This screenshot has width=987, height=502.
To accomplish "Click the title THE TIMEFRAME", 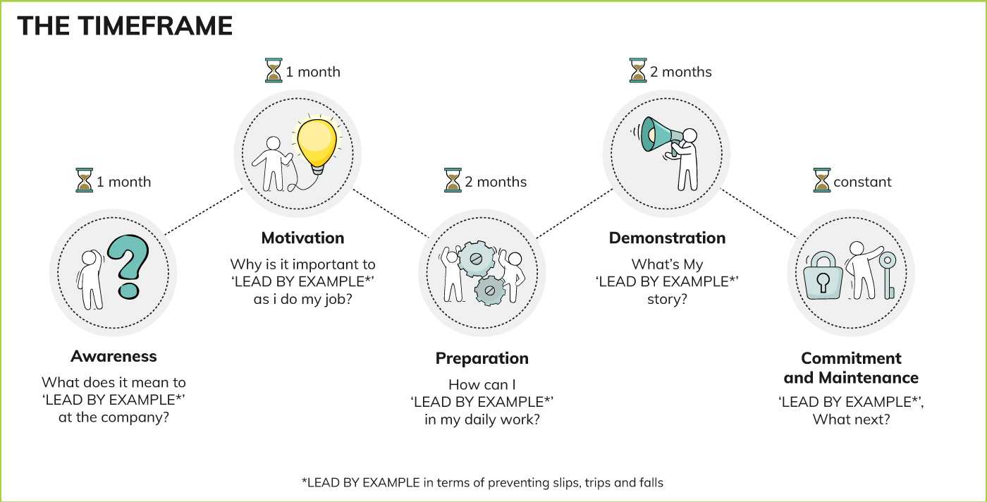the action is [x=125, y=25].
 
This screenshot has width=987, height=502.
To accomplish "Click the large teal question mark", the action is [x=128, y=267].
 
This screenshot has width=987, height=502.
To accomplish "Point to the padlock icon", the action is [x=823, y=276].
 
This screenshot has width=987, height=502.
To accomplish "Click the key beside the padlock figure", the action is [x=888, y=274].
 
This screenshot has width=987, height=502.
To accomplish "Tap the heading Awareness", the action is [x=114, y=356].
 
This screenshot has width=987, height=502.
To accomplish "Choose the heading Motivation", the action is [x=302, y=238].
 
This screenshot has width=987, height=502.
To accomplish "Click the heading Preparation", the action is [x=482, y=358].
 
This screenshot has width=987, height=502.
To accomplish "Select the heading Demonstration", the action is [x=667, y=238].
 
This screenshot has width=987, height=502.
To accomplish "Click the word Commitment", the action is [x=851, y=358].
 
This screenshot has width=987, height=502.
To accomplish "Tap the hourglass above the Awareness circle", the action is [x=84, y=180].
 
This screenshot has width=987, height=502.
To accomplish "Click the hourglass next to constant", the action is [x=822, y=180].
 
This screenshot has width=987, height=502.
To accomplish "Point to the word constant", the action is [x=862, y=182].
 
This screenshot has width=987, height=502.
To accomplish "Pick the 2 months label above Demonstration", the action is [x=681, y=72].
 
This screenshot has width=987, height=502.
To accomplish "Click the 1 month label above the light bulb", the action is [x=313, y=72].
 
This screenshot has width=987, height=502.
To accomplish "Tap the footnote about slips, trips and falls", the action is [x=482, y=482].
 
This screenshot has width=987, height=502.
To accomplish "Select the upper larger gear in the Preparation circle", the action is [x=476, y=259].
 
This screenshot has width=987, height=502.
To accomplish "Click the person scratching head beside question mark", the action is [x=91, y=280].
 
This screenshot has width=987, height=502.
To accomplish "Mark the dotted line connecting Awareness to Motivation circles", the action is [x=204, y=211].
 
